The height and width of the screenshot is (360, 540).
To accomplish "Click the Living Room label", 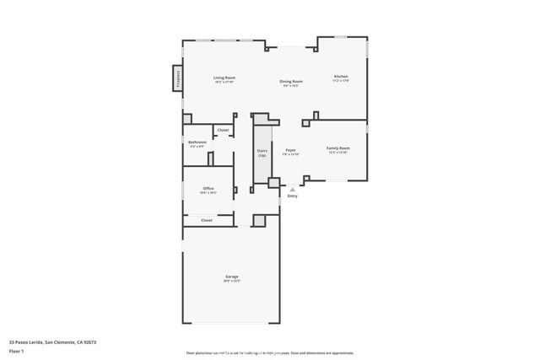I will point(224,78).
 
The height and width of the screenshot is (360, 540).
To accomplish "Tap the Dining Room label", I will point(292,82).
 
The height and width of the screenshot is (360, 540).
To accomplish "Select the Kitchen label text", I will point(340,77).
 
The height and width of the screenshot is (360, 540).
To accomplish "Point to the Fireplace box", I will point(178,78).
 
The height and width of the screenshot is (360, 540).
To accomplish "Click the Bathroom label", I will point(197,142).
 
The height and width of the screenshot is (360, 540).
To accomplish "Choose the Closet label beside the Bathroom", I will point(223,130).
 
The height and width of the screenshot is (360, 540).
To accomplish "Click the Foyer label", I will point(290,150).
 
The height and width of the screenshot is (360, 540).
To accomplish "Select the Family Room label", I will point(338,148).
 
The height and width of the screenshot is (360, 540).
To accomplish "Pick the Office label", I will point(208,189).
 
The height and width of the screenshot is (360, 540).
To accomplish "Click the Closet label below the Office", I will point(206,220).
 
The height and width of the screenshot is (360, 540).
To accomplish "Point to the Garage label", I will point(231,277).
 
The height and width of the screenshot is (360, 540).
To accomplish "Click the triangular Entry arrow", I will point(293,190).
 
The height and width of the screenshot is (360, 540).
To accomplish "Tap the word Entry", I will point(293,196).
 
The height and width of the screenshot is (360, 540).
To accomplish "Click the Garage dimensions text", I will point(231,282).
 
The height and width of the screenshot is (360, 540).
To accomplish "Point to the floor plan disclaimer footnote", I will point(269,353).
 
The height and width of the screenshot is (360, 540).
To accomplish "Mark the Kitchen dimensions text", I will point(340,81).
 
